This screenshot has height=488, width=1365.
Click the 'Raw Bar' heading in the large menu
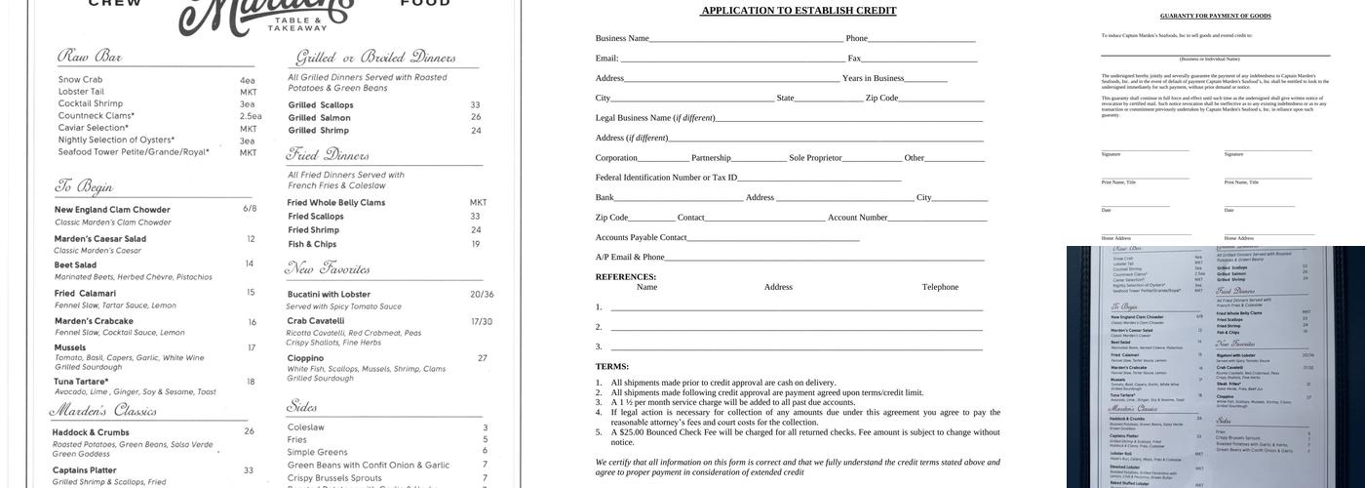point(90,57)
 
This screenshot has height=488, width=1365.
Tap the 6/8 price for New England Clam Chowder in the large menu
point(250,208)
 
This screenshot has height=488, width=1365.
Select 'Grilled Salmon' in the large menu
point(319,118)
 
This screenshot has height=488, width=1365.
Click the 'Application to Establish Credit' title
point(799,11)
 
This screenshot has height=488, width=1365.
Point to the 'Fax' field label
point(854,59)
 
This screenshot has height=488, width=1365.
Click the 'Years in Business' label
point(873,78)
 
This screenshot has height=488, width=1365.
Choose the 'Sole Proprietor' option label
point(815,157)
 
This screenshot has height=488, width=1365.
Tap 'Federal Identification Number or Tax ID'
point(666,178)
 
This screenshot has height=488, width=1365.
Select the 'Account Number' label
point(857,218)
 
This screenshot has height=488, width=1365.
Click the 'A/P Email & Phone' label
point(630,257)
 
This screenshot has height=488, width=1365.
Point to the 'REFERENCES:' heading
point(626,277)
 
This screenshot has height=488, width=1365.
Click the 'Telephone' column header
point(940,287)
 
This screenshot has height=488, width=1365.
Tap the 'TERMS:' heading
point(612,367)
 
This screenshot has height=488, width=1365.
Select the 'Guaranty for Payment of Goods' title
point(1215,16)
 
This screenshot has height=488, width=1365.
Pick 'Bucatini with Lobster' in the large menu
point(329,295)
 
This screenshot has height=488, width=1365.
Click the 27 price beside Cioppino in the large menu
point(482,358)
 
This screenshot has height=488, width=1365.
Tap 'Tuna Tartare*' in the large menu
point(81,382)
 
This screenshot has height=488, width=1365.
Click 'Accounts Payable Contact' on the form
point(641,237)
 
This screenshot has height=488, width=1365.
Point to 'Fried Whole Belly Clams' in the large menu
point(335,203)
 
